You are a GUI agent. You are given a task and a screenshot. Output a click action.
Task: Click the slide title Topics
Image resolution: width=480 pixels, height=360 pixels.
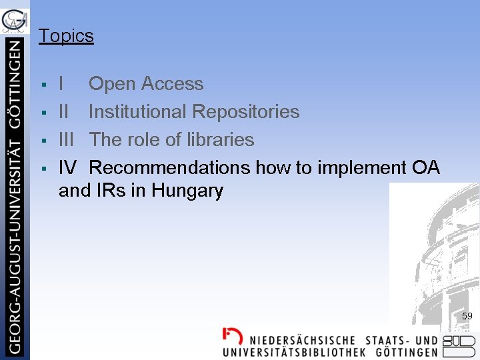pyautogui.click(x=66, y=36)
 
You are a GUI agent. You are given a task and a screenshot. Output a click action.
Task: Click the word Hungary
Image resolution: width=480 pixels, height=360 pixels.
pyautogui.click(x=187, y=191)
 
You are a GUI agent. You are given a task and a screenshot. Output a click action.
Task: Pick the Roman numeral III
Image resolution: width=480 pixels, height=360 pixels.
pyautogui.click(x=67, y=140)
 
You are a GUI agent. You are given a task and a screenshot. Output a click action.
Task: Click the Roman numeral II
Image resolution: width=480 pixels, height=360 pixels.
pyautogui.click(x=63, y=112)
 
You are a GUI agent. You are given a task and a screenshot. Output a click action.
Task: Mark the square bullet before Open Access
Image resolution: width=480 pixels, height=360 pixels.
pyautogui.click(x=43, y=85)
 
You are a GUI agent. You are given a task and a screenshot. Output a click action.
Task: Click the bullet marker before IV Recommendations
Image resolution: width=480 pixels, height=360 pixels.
pyautogui.click(x=43, y=169)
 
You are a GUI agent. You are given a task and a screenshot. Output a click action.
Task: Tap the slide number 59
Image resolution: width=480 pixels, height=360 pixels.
pyautogui.click(x=467, y=316)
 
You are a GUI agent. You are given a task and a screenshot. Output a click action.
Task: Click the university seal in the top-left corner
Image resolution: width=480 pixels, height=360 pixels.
pyautogui.click(x=15, y=20)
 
